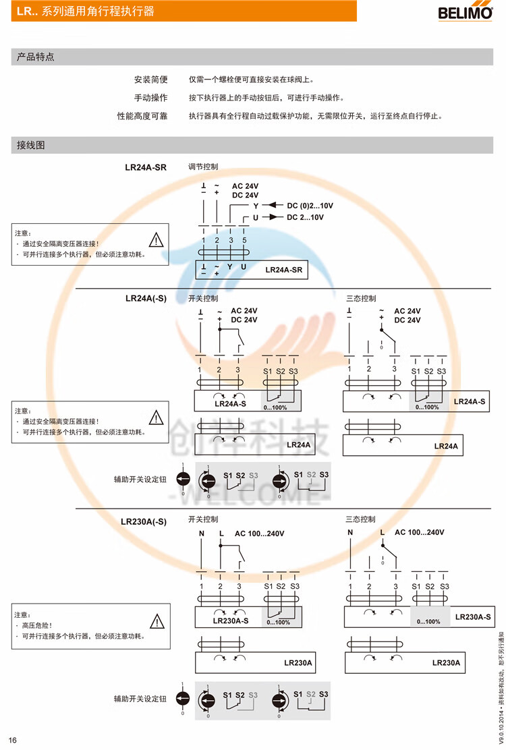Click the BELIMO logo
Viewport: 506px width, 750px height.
click(466, 12)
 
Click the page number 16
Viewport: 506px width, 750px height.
click(12, 740)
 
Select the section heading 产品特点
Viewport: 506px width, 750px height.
click(35, 57)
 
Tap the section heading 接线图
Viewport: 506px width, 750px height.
click(31, 145)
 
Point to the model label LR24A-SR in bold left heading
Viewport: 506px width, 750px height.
click(146, 167)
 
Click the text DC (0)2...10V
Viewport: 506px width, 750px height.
click(310, 205)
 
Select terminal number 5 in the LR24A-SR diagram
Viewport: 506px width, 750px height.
click(244, 240)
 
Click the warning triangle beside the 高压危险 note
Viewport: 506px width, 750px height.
click(157, 621)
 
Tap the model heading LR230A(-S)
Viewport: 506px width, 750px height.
click(144, 521)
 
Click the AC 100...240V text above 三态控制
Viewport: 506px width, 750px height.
click(419, 533)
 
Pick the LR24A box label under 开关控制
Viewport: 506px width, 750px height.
click(298, 445)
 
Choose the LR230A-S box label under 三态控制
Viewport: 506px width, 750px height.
click(473, 616)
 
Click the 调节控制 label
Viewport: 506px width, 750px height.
click(202, 167)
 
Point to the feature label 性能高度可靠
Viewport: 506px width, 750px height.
click(142, 116)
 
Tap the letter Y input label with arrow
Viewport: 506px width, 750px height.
click(256, 205)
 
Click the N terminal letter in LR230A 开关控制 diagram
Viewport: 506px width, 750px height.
click(201, 533)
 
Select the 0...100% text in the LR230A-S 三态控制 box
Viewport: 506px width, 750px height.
click(428, 622)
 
